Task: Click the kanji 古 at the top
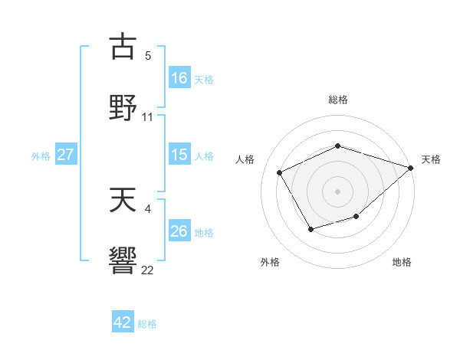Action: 123,47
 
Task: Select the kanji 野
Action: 123,106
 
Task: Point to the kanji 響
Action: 123,260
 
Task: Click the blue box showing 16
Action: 179,77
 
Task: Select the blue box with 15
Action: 179,155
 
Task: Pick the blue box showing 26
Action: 179,231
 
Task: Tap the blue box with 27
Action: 66,155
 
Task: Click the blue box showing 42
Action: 123,322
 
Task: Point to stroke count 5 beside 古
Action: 147,55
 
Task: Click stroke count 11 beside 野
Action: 148,117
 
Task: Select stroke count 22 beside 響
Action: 148,270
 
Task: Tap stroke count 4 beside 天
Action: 147,208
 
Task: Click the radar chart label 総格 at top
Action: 337,100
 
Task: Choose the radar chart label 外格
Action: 270,262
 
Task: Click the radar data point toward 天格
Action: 411,168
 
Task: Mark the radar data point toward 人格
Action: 280,172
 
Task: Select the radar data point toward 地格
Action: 356,217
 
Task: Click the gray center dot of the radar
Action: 337,191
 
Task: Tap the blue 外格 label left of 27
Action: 41,155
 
